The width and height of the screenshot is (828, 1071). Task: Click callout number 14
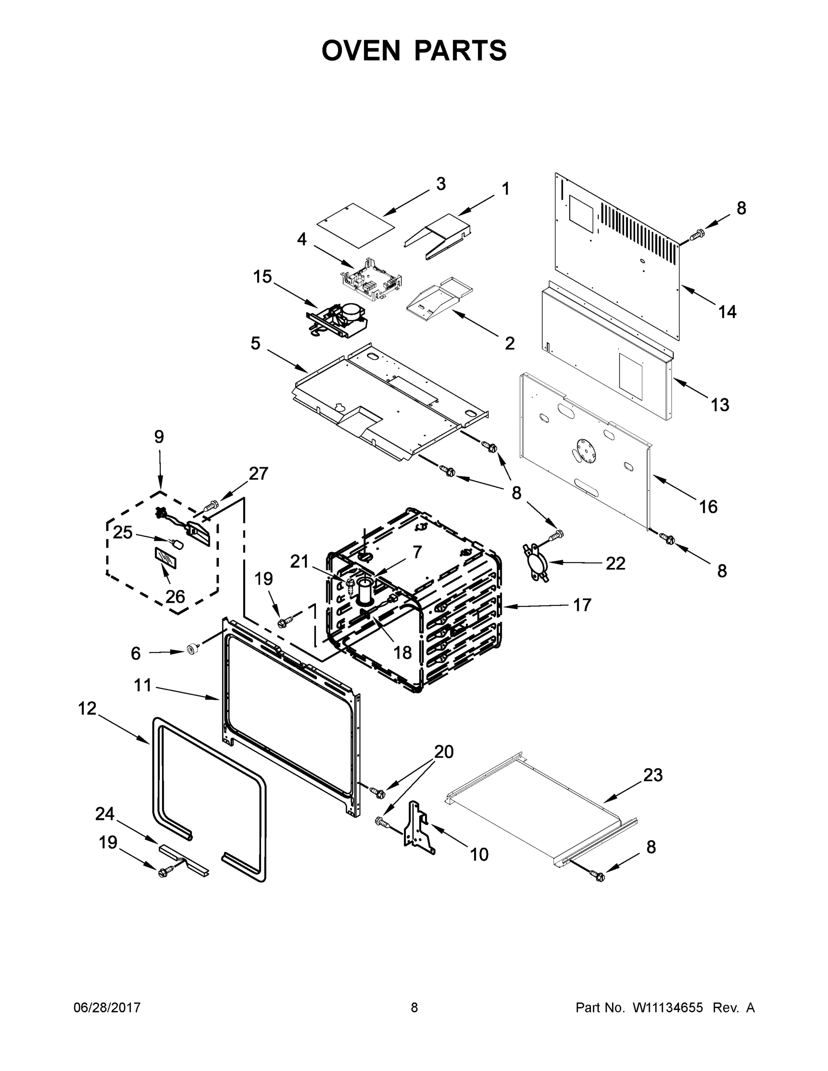pyautogui.click(x=727, y=311)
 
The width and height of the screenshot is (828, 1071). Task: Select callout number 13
pyautogui.click(x=720, y=405)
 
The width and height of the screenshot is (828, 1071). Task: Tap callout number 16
pyautogui.click(x=708, y=506)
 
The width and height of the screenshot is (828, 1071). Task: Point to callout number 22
pyautogui.click(x=615, y=564)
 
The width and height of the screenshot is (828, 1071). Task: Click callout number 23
pyautogui.click(x=653, y=775)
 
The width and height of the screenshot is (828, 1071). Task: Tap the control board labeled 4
pyautogui.click(x=371, y=283)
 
